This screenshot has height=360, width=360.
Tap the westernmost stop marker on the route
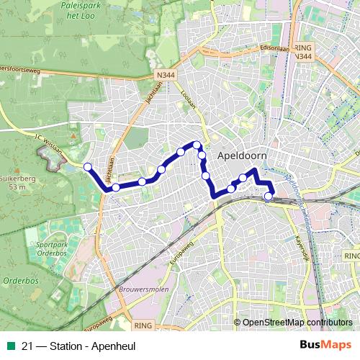(x=88, y=167)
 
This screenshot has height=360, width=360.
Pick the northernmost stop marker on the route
(x=196, y=145)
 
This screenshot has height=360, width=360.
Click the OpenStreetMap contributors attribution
(x=297, y=323)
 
